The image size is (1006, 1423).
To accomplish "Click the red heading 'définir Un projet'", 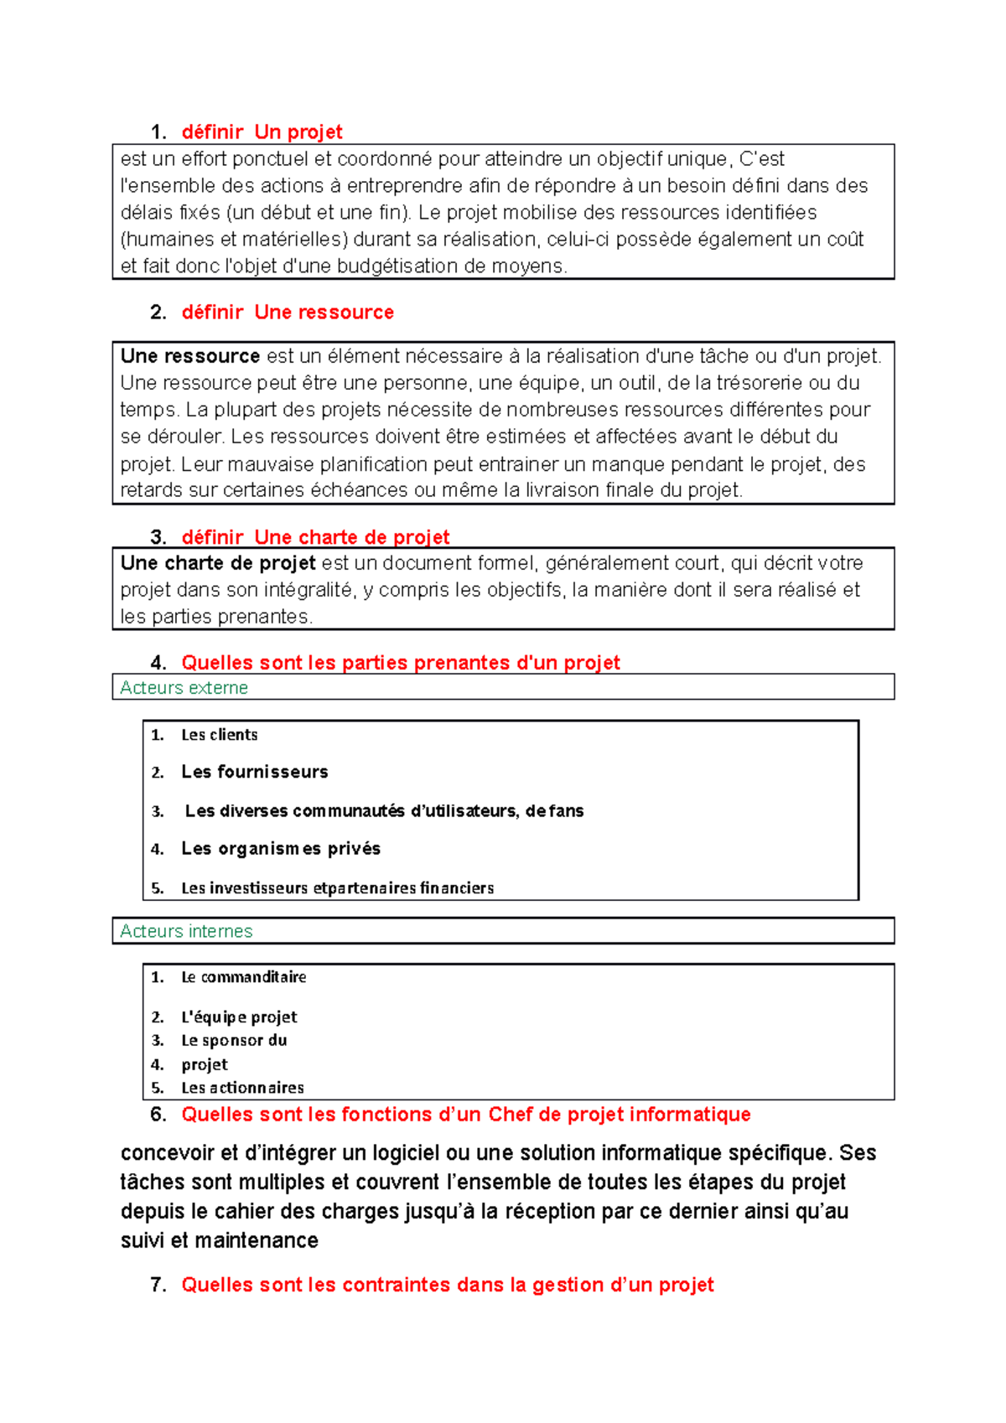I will point(262,132).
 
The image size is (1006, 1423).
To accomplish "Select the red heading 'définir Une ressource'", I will point(288,313).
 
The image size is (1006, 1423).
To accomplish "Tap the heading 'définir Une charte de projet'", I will point(315,536).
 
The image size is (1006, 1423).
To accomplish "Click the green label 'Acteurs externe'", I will point(184,688).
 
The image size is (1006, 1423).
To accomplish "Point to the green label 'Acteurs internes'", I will point(186,931).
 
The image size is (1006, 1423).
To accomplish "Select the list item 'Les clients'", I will point(220,735).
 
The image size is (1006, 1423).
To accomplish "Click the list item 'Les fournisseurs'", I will point(255,772).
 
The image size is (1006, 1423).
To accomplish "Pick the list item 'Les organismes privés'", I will point(281,849).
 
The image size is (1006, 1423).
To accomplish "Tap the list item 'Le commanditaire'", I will point(244,977).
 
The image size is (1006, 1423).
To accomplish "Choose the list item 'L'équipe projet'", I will point(239,1017).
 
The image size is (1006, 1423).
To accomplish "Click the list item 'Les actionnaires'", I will point(242,1088).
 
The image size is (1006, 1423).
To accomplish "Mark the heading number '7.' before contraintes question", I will point(158,1285).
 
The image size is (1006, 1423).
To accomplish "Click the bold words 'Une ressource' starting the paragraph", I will point(190,356).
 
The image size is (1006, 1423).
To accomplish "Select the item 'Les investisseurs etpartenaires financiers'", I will point(337,888).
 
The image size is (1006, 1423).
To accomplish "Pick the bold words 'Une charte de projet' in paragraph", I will point(218,563).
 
